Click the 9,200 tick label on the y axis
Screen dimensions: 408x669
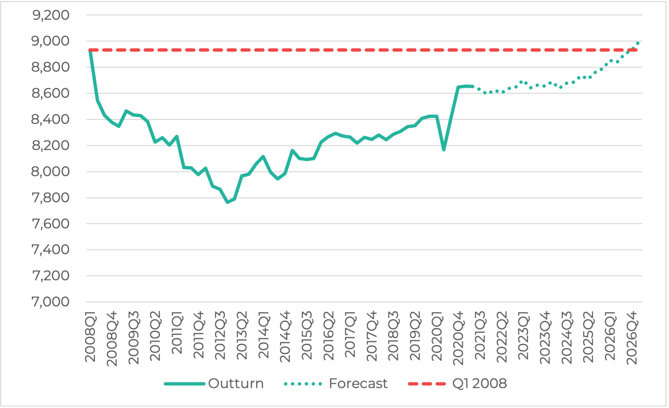pyautogui.click(x=51, y=15)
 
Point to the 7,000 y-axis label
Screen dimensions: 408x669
pyautogui.click(x=51, y=302)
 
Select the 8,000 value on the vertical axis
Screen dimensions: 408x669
pyautogui.click(x=51, y=172)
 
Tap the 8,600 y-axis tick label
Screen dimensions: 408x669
pyautogui.click(x=51, y=93)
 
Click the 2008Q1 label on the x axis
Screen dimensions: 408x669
pyautogui.click(x=90, y=337)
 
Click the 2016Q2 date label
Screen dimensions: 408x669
pyautogui.click(x=329, y=336)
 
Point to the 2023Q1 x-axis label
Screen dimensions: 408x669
pyautogui.click(x=523, y=335)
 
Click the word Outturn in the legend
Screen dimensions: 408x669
pyautogui.click(x=236, y=384)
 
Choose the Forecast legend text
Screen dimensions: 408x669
pyautogui.click(x=358, y=384)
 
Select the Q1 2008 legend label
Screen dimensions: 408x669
pyautogui.click(x=479, y=384)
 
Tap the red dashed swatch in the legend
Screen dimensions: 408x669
pyautogui.click(x=427, y=384)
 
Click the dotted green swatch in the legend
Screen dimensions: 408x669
pyautogui.click(x=303, y=384)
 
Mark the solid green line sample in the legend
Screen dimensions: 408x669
pyautogui.click(x=184, y=384)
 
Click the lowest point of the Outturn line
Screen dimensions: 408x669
pyautogui.click(x=227, y=202)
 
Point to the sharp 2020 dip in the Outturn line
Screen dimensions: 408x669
pyautogui.click(x=444, y=150)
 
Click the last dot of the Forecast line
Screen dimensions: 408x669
pyautogui.click(x=638, y=43)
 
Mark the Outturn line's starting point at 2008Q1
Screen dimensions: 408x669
pyautogui.click(x=90, y=50)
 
